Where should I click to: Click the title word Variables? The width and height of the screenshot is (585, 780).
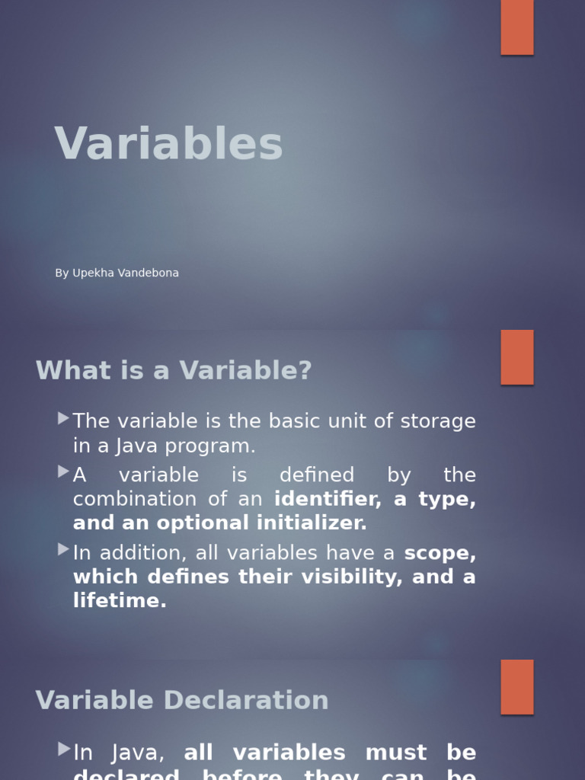[x=168, y=143]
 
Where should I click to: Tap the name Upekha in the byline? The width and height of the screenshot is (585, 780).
[x=94, y=273]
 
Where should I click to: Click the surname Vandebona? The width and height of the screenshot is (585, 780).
[x=149, y=273]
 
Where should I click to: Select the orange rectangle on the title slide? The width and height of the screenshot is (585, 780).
[x=517, y=27]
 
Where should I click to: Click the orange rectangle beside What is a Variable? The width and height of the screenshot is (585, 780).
[x=517, y=357]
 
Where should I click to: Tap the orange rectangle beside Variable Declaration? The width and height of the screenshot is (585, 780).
[x=517, y=687]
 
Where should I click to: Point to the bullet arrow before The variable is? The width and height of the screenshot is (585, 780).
[x=64, y=418]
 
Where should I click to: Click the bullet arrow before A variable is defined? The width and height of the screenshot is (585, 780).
[x=64, y=472]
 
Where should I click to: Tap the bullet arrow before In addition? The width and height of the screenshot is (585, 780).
[x=64, y=549]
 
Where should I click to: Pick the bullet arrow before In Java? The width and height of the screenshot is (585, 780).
[x=64, y=750]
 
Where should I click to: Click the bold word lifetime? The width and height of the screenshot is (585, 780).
[x=120, y=600]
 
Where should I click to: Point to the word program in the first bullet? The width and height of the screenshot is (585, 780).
[x=209, y=446]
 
